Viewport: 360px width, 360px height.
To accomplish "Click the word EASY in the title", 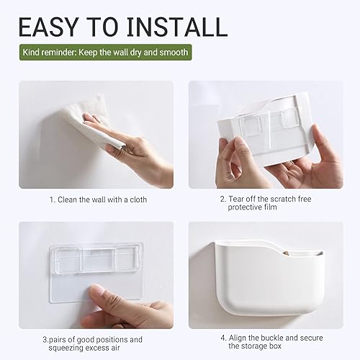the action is (48, 27).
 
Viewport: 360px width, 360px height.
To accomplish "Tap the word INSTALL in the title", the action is (177, 27).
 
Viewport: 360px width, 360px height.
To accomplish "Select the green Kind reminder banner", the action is (106, 52).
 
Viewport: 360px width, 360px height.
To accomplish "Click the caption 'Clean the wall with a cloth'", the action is (102, 199).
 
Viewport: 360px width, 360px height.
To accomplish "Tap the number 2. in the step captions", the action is (223, 199).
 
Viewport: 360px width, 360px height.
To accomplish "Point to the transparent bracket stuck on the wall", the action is (96, 271).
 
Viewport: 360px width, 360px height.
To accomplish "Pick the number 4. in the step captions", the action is (223, 338).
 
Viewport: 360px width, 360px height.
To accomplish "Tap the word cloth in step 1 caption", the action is (138, 199).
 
